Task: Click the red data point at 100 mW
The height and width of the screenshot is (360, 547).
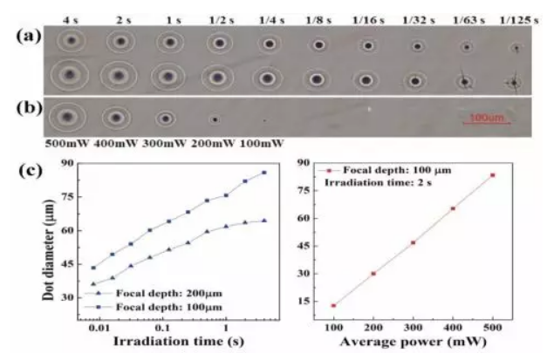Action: click(333, 305)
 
